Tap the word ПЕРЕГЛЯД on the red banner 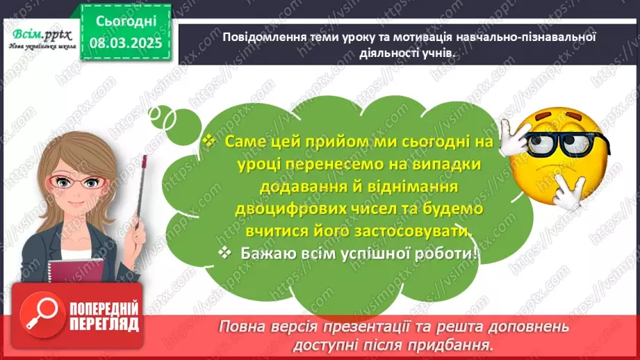(x=104, y=324)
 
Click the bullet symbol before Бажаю (x=224, y=254)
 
